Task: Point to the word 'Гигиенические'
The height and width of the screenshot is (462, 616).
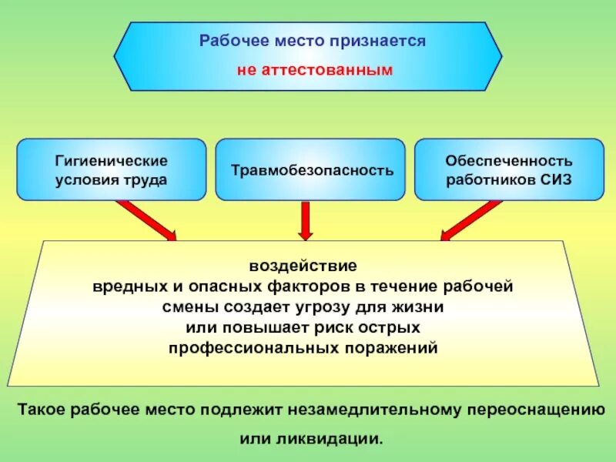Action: pyautogui.click(x=112, y=161)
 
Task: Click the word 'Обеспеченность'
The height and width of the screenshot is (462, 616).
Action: pyautogui.click(x=509, y=161)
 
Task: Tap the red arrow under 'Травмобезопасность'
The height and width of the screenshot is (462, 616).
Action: pyautogui.click(x=306, y=220)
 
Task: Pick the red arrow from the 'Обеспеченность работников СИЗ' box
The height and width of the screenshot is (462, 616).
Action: pyautogui.click(x=471, y=220)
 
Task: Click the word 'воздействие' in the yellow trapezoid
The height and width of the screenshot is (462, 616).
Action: pyautogui.click(x=303, y=266)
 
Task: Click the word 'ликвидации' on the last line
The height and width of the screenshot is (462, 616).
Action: pyautogui.click(x=338, y=440)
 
